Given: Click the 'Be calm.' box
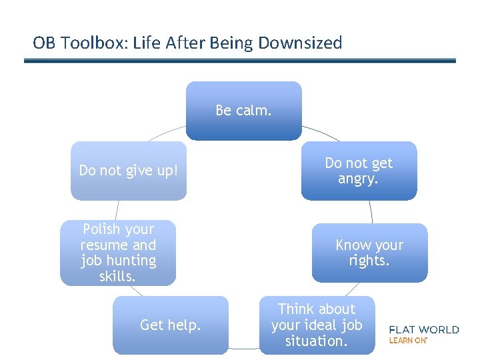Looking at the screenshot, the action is pos(243,111).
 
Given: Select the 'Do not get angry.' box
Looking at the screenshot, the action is pos(359,171).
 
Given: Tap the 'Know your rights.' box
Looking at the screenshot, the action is pos(369,253).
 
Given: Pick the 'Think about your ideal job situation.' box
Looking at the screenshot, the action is pos(317,325).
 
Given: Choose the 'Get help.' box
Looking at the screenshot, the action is pos(170,325).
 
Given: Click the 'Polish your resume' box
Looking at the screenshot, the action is pos(118,253).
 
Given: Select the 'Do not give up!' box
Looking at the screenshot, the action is pos(129,171).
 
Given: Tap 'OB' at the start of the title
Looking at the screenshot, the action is pos(44,43).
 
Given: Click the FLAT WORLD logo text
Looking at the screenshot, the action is pos(424,329).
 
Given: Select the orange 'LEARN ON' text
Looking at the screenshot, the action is pos(407,340).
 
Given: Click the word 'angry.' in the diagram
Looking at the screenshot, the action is pos(358,179).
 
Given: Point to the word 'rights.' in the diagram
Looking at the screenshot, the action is pos(369,261).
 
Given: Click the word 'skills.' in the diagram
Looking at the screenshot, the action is pos(117,276).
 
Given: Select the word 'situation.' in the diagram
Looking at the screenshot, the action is pos(316,341).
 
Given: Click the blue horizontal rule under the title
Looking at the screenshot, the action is pos(240,61).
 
